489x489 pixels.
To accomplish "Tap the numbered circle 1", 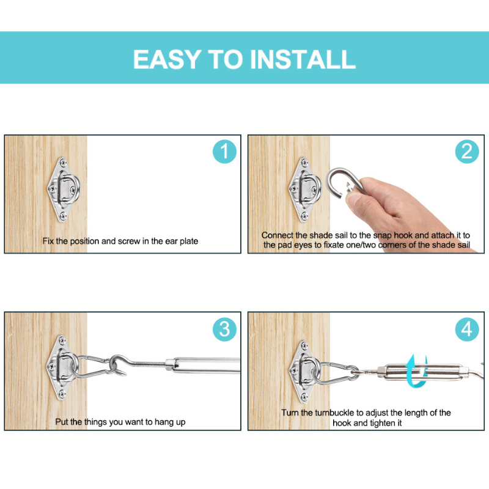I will [224, 151].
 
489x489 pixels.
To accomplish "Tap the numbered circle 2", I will [467, 151].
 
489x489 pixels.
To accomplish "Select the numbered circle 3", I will [224, 329].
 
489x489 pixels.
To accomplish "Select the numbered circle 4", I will [467, 329].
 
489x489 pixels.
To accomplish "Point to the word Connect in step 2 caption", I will [278, 235].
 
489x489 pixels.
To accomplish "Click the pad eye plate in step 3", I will [61, 365].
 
